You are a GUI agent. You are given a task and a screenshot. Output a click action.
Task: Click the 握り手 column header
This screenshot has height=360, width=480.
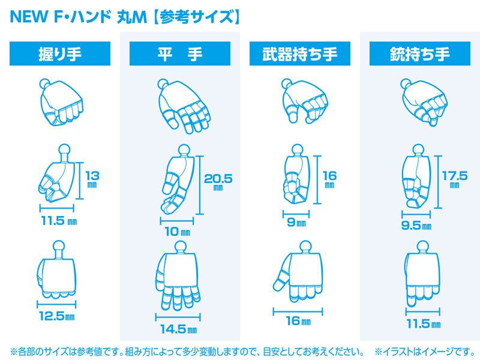[x=60, y=53]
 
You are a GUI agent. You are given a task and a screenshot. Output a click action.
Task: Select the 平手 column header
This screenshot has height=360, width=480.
[x=180, y=53]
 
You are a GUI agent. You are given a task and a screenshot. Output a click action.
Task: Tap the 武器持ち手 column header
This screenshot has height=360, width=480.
[x=300, y=53]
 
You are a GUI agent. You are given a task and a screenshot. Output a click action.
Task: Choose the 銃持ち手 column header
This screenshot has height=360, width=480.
[x=420, y=53]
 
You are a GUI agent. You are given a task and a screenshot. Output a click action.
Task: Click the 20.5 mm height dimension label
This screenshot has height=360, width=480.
[x=218, y=182]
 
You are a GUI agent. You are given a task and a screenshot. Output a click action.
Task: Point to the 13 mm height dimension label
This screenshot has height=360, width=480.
[x=92, y=179]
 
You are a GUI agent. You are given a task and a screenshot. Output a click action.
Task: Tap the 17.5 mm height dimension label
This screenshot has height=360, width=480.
[x=455, y=179]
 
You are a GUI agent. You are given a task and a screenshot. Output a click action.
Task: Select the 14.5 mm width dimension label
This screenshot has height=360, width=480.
[x=178, y=329]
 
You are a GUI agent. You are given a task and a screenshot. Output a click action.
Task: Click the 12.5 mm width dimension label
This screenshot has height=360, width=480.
[x=57, y=316]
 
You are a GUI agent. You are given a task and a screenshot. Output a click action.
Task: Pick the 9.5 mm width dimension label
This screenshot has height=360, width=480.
[x=416, y=226]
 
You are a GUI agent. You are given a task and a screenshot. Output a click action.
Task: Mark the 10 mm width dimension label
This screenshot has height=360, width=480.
[x=177, y=232]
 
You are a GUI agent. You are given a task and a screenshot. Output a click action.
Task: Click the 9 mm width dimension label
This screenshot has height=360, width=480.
[x=296, y=222]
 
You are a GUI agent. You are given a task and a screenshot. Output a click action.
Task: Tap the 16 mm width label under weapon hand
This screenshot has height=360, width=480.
[x=298, y=321]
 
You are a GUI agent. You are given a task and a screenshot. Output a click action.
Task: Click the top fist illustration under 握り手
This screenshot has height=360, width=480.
[x=61, y=102]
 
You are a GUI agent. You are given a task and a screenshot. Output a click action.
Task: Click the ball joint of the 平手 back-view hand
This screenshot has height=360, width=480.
[x=181, y=247]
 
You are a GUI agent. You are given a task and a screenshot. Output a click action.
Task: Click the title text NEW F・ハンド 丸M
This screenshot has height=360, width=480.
[x=79, y=17]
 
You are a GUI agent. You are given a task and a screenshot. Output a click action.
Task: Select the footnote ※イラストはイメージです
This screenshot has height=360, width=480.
[x=425, y=352]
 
